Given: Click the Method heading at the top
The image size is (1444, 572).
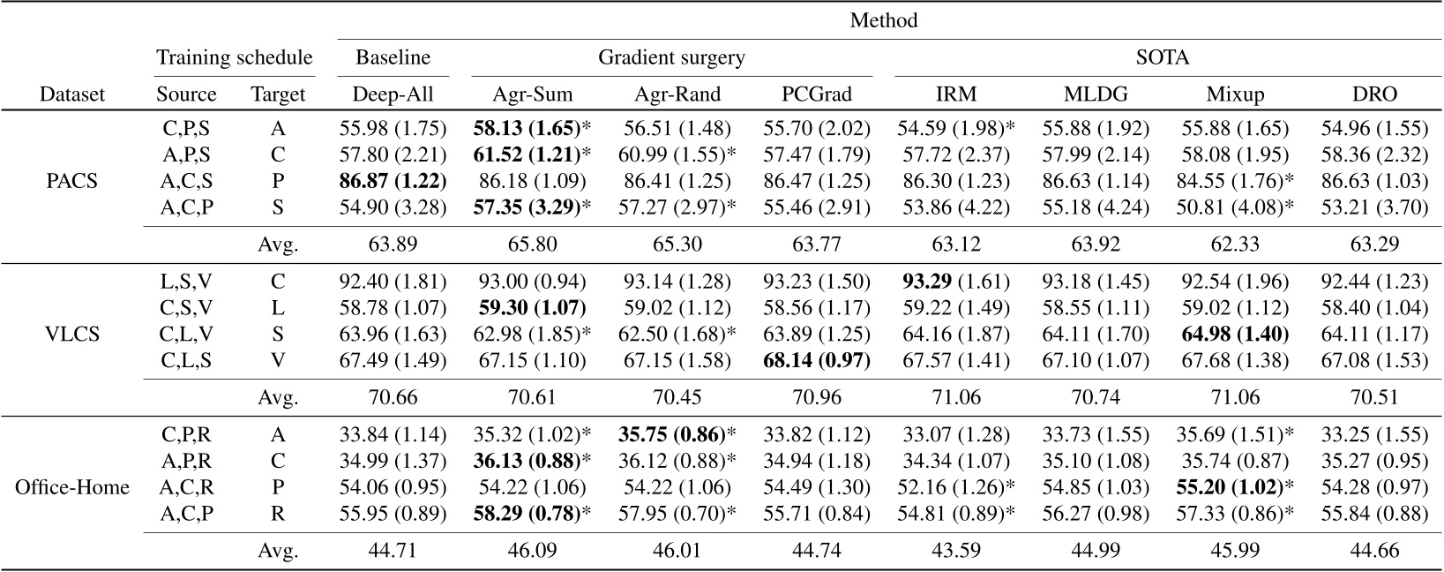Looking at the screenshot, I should click(x=883, y=19).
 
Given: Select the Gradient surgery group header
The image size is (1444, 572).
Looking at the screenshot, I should click(x=671, y=58).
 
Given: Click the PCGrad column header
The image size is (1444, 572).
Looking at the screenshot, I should click(x=815, y=94).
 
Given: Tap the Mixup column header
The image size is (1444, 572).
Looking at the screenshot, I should click(x=1235, y=94).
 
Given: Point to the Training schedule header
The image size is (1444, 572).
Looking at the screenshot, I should click(x=234, y=58).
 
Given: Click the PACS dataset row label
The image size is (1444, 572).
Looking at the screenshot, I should click(x=71, y=182).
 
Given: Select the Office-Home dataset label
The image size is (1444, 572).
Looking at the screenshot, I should click(x=71, y=487).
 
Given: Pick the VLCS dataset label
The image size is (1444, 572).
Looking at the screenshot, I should click(x=71, y=335).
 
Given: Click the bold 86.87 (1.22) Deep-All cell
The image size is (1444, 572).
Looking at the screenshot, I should click(x=393, y=180).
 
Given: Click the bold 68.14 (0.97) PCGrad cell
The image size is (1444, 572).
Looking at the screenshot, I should click(x=815, y=360).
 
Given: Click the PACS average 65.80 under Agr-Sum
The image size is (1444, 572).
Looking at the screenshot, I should click(x=532, y=245).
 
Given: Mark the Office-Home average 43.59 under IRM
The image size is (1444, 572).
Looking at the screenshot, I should click(x=955, y=551).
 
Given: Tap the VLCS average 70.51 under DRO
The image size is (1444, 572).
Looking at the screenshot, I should click(x=1373, y=397).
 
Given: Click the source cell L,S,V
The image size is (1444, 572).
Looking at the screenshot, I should click(x=186, y=282).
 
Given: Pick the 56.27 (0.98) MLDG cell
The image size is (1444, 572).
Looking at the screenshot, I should click(x=1096, y=513).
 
